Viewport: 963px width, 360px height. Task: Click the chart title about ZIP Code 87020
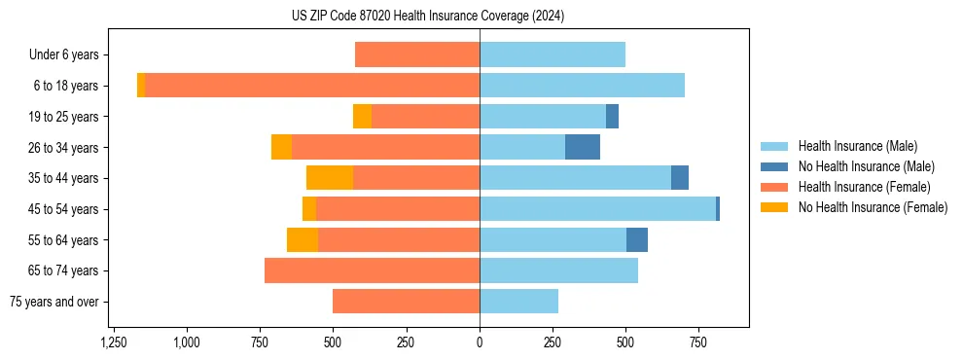427,17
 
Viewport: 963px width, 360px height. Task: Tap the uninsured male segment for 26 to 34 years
582,147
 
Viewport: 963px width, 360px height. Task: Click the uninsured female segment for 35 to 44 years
330,178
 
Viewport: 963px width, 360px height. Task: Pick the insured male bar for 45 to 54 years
597,209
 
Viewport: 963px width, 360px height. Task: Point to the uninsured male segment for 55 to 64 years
637,239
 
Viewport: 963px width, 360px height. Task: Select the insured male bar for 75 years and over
518,302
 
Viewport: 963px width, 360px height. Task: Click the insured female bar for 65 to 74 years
372,270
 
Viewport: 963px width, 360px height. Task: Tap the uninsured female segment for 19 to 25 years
362,117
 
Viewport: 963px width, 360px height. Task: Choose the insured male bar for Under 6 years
552,54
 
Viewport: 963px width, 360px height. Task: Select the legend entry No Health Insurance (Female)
873,207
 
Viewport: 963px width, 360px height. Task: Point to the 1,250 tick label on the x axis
114,343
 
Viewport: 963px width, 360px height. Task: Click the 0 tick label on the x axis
480,343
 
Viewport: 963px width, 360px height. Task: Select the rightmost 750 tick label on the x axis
698,343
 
